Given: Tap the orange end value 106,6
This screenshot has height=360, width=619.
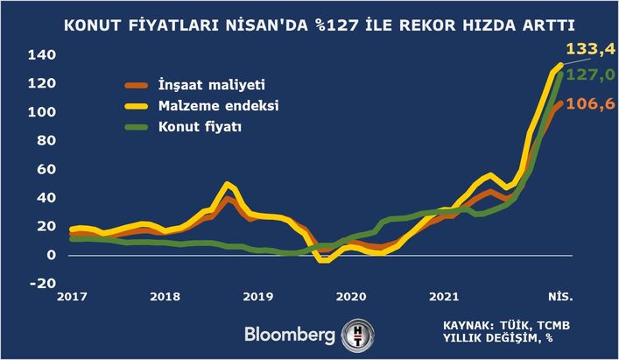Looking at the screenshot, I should click(589, 104).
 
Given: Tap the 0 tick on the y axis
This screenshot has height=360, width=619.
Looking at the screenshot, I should click(52, 255).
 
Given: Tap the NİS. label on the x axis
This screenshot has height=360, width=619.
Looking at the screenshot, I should click(561, 298).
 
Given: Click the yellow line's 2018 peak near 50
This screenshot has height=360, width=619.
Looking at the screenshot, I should click(229, 185).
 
